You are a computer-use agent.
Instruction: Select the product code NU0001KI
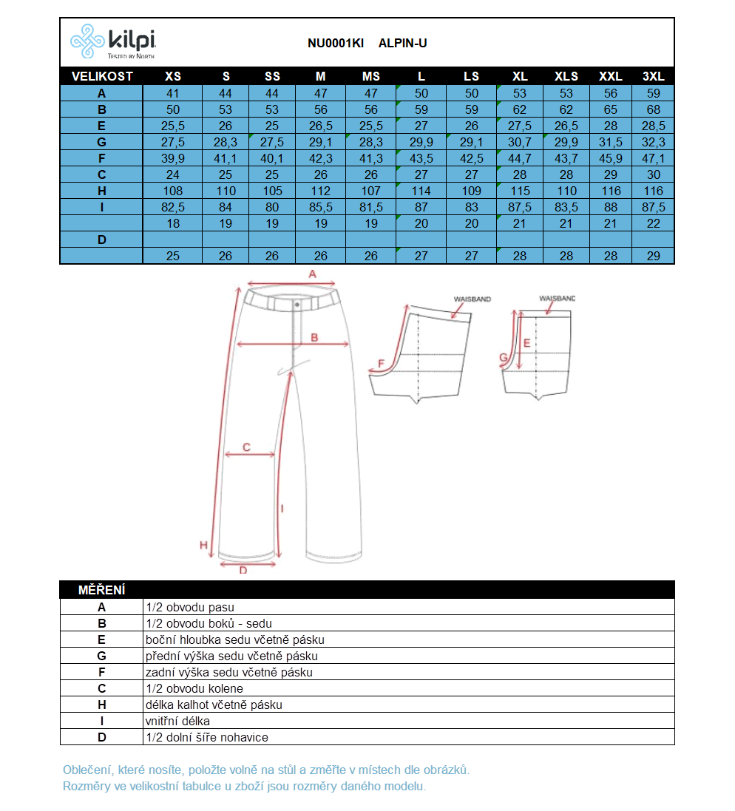pos(336,43)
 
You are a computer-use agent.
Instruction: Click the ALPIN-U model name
pos(402,43)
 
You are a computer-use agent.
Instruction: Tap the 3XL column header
pos(654,76)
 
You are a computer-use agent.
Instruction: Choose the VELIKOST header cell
pos(102,76)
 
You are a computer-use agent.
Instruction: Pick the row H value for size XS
pos(173,191)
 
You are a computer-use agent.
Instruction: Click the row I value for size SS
pos(272,207)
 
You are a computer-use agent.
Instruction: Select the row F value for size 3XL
pos(654,158)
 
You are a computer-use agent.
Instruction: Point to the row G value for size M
pos(320,142)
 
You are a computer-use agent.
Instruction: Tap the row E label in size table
pos(102,126)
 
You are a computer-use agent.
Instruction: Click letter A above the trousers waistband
pos(312,274)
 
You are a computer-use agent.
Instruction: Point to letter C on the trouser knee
pos(246,447)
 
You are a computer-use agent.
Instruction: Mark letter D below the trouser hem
pos(243,570)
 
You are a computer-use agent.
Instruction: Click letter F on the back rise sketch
pos(382,364)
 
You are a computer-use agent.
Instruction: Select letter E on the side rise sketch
pos(526,343)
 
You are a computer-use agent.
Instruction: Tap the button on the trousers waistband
pos(297,304)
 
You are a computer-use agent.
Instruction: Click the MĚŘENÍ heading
pos(102,590)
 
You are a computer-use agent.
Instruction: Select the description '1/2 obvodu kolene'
pos(194,688)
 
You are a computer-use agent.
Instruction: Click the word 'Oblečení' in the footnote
pos(88,770)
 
